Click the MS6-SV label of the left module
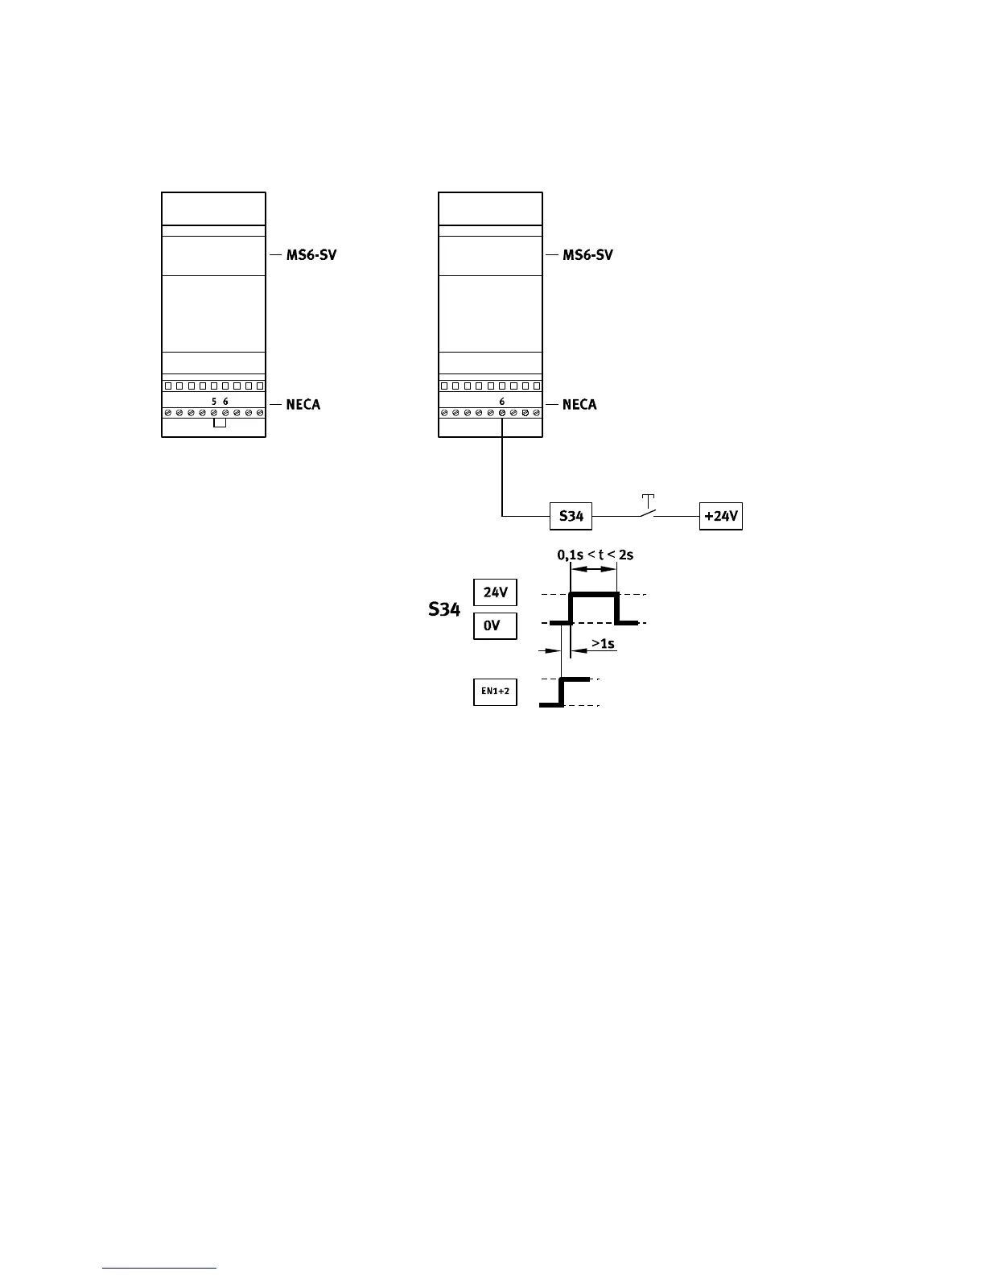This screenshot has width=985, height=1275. [x=311, y=255]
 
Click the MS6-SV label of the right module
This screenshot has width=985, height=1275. [x=587, y=255]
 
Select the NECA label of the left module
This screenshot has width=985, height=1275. [x=303, y=404]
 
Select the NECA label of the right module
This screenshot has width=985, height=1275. [x=579, y=404]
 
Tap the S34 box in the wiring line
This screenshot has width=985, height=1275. [x=571, y=516]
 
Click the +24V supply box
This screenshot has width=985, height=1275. [x=720, y=516]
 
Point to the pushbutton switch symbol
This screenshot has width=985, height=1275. [x=647, y=507]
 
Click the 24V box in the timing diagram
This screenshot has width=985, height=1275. [x=495, y=593]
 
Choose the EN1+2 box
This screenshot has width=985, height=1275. [x=495, y=692]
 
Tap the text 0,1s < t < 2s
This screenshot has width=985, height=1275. [x=595, y=555]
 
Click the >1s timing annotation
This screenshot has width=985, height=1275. [x=603, y=643]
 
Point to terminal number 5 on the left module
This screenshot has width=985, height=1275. [x=214, y=401]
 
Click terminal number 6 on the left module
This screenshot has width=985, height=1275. [x=225, y=401]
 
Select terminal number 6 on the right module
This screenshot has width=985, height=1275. [x=502, y=401]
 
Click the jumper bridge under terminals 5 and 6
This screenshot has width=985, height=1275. [x=220, y=423]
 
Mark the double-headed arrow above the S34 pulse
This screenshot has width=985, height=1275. [x=594, y=569]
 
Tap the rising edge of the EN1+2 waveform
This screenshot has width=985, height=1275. [x=562, y=691]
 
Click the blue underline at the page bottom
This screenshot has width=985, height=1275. [x=160, y=1268]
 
